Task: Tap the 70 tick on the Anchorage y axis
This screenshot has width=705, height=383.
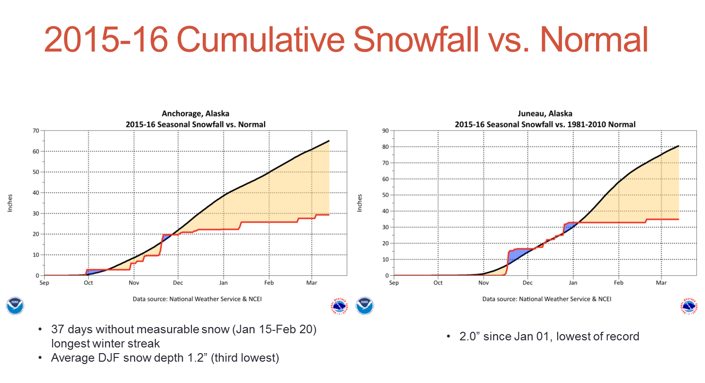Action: (x=36, y=130)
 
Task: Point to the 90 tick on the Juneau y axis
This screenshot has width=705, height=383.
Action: (x=385, y=130)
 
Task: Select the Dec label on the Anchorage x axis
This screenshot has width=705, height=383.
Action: (x=178, y=283)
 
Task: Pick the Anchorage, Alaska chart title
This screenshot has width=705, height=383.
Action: (x=195, y=114)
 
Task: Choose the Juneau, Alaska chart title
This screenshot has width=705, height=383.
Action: (x=545, y=114)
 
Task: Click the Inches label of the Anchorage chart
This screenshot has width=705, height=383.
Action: (x=10, y=203)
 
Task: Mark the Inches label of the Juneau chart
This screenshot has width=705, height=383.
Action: (x=360, y=203)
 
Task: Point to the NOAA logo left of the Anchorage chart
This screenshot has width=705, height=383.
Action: (x=15, y=306)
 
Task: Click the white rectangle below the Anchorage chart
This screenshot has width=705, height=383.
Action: (x=353, y=357)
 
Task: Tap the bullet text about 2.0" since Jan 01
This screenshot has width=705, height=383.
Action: (x=549, y=337)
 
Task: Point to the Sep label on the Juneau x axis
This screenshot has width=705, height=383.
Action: (x=394, y=283)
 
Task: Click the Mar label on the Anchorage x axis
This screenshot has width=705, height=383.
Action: (x=311, y=283)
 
